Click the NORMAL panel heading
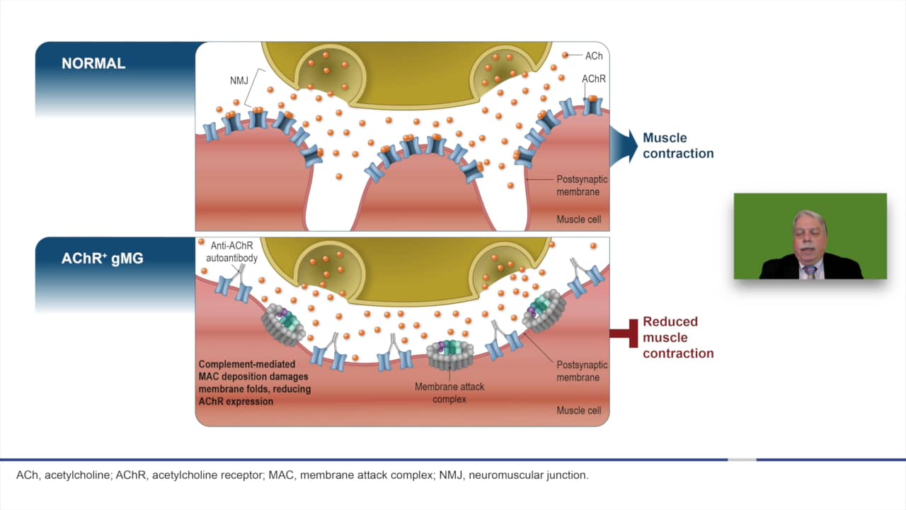93,63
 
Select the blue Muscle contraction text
677,145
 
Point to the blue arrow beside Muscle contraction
622,146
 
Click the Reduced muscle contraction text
677,337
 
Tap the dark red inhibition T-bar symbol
624,338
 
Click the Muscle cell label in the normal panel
578,220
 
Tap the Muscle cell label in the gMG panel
578,411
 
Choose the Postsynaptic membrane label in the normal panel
582,186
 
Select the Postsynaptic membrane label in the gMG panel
582,371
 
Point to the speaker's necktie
810,271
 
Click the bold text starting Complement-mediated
254,383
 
